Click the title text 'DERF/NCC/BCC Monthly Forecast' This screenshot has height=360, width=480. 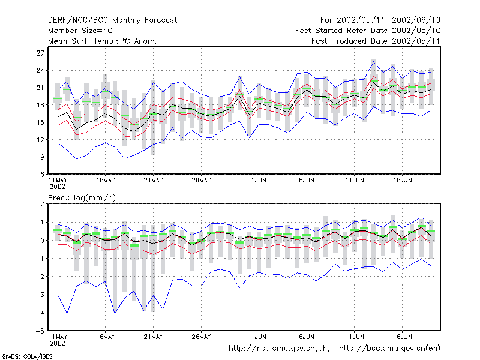[112, 20]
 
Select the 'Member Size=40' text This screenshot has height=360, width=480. [80, 31]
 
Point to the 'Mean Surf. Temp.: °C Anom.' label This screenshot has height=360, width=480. [103, 41]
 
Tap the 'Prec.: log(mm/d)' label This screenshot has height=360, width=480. [82, 198]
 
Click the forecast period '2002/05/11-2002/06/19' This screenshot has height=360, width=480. [388, 20]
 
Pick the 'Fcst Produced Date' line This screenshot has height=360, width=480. [376, 41]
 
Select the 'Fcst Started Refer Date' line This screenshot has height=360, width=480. [368, 31]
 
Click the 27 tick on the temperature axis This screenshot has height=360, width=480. [40, 53]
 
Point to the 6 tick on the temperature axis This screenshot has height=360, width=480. [42, 175]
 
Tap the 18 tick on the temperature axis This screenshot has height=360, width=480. [40, 105]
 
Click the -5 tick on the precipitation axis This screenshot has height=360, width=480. [40, 331]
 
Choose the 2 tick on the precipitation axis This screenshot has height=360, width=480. [42, 204]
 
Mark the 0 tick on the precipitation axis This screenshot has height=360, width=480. [42, 241]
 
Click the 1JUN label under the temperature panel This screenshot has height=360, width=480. [259, 181]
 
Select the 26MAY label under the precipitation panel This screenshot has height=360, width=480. [201, 337]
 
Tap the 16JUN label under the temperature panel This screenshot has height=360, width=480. [402, 181]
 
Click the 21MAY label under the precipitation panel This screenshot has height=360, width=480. [154, 337]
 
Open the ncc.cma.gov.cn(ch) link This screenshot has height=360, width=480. [279, 349]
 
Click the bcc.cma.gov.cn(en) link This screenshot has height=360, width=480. [389, 349]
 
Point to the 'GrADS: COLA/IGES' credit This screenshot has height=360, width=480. [27, 356]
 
